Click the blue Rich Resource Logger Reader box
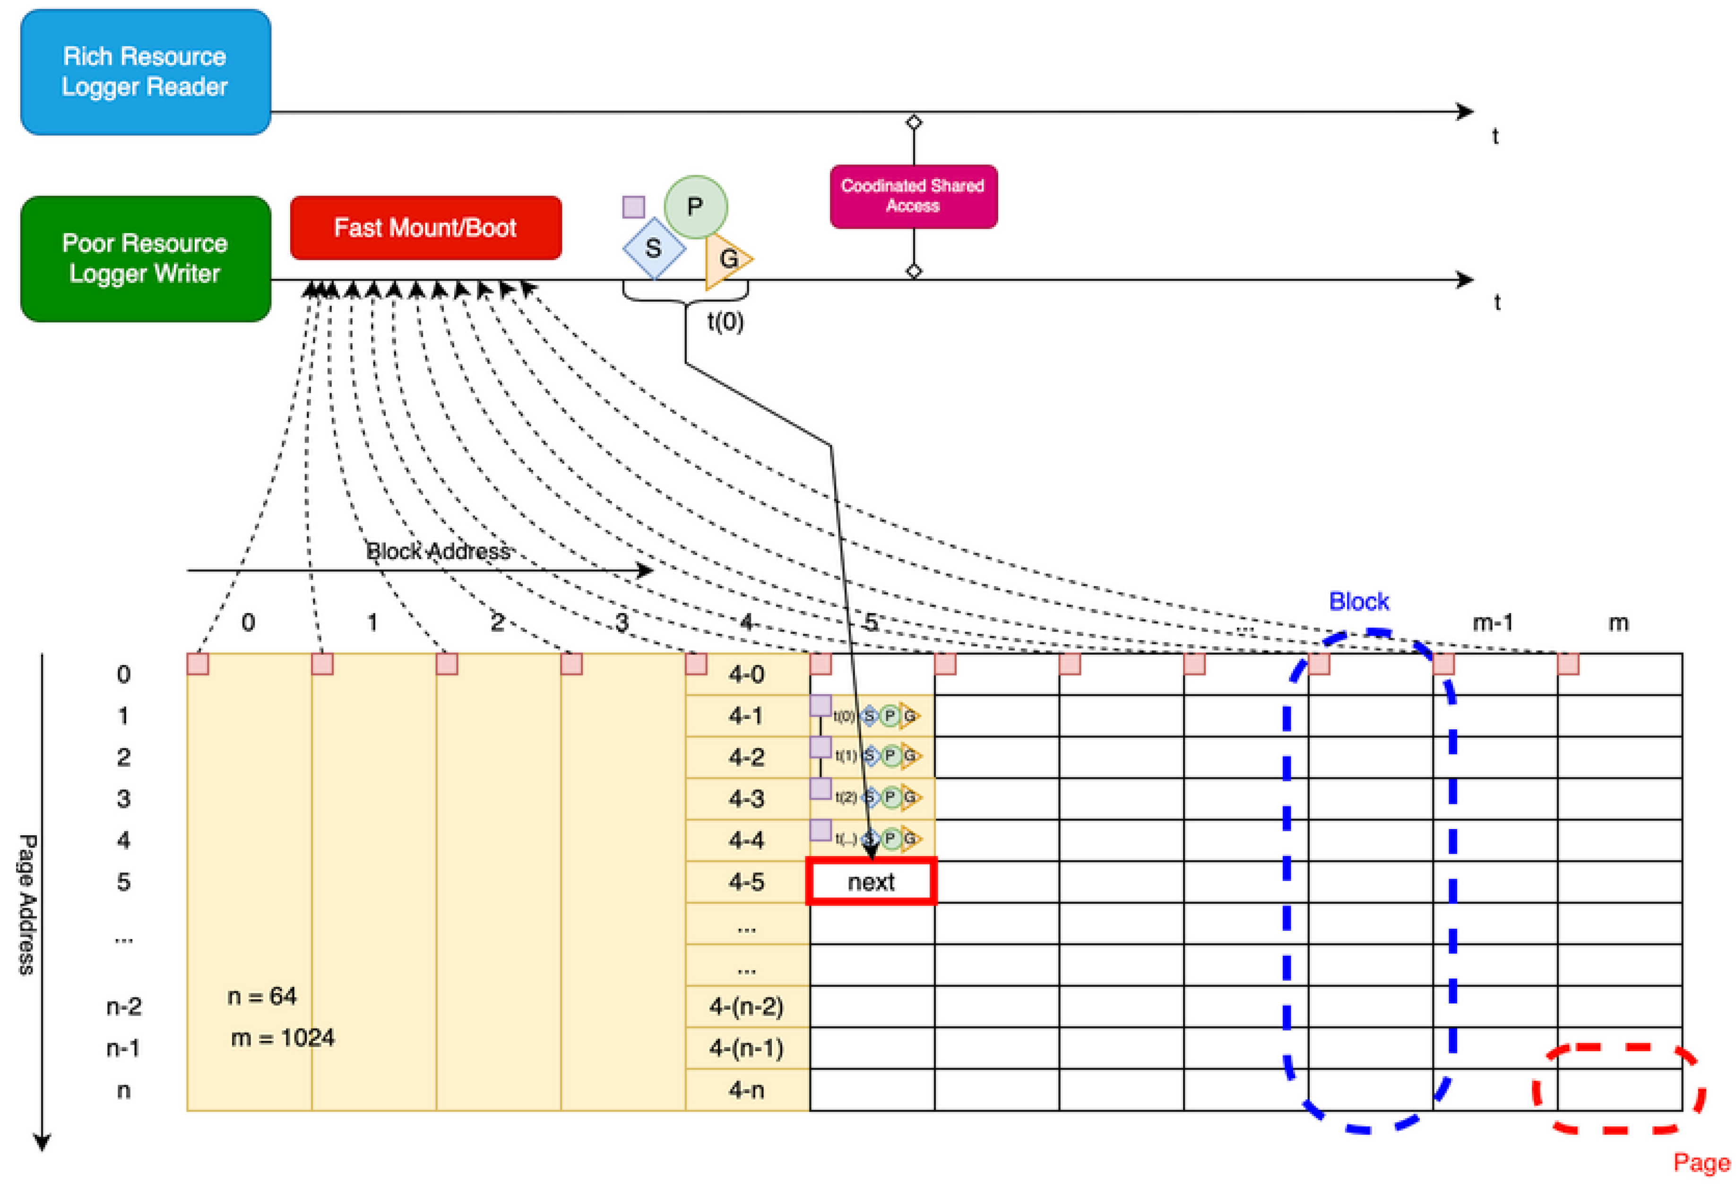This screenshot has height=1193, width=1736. point(145,72)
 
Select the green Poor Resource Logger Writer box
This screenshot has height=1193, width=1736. point(145,259)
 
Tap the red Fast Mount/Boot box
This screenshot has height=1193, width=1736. point(425,228)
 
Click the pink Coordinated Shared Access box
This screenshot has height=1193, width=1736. point(913,196)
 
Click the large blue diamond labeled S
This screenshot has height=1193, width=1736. point(654,248)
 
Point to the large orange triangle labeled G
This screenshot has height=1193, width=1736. point(726,259)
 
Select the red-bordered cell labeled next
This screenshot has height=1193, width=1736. point(872,882)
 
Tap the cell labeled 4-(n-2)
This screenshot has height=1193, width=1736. point(747,1007)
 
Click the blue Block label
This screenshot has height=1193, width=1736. point(1359,602)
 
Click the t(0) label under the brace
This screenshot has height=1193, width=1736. point(725,322)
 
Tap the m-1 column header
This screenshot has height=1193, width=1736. point(1493,622)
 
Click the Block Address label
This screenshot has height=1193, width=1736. point(438,552)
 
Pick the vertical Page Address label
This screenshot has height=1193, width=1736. point(27,905)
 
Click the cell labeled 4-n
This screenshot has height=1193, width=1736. point(747,1090)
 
